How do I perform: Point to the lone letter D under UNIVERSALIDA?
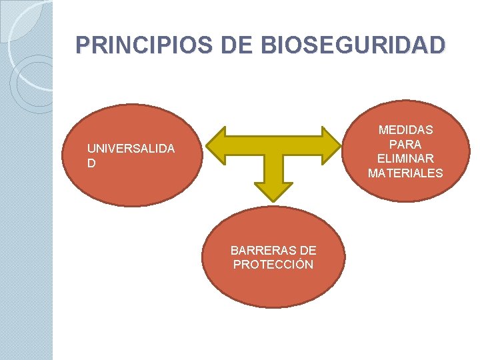[91, 163]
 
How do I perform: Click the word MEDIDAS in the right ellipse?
[405, 130]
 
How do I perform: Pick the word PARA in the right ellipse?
[405, 144]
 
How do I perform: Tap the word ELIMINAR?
[405, 159]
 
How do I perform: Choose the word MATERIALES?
[405, 173]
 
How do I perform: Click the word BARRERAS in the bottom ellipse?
[257, 251]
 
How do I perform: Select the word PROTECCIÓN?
[273, 265]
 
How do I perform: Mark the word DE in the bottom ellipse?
[309, 251]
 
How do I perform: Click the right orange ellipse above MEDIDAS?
[405, 113]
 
